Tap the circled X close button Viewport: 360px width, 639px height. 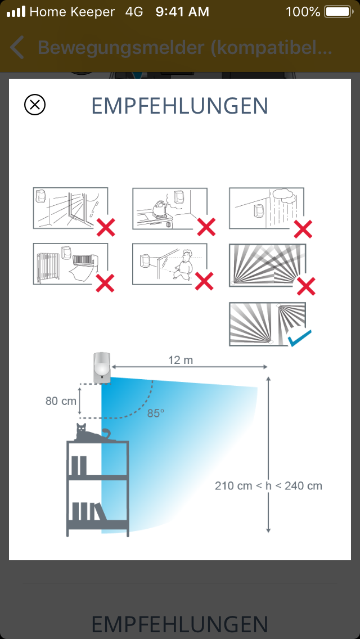(x=35, y=105)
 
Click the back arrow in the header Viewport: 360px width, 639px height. (x=17, y=47)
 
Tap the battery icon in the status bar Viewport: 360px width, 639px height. (x=339, y=12)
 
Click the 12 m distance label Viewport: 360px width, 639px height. (x=181, y=360)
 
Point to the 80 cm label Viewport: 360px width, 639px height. (x=61, y=401)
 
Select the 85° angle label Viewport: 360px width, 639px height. (x=156, y=413)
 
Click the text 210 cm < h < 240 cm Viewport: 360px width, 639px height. (x=269, y=486)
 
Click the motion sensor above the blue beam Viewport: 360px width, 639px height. (x=102, y=368)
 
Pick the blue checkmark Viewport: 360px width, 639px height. (x=299, y=338)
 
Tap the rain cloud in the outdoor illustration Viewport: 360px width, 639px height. (x=285, y=196)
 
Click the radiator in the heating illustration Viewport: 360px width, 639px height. (x=48, y=267)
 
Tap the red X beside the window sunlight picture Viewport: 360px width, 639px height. (x=106, y=227)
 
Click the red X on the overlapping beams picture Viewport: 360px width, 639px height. (x=306, y=286)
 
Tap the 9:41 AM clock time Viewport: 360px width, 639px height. (x=182, y=12)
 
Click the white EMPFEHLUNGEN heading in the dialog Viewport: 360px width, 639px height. (x=180, y=106)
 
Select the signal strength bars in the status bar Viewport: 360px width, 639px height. (x=16, y=12)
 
